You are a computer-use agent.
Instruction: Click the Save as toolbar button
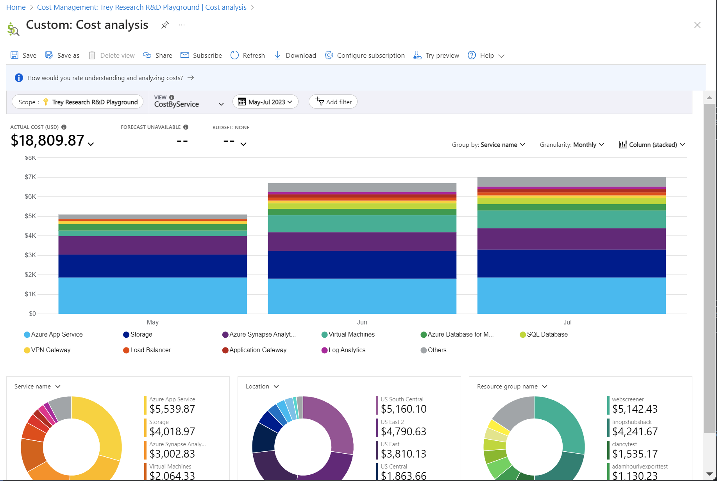[x=63, y=55]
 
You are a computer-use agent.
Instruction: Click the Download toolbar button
[x=295, y=55]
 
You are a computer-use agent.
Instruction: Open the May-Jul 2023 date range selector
[x=266, y=102]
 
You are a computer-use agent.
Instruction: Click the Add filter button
[x=333, y=102]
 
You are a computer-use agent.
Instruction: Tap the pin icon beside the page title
[x=165, y=25]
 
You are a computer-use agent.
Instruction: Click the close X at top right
[x=697, y=25]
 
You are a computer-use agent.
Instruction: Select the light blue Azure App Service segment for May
[x=152, y=296]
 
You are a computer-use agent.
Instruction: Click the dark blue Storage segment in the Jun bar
[x=362, y=264]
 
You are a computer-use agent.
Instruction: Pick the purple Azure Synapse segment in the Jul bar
[x=571, y=239]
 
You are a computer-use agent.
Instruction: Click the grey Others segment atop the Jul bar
[x=571, y=182]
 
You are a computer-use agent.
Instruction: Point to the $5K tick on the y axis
[x=30, y=216]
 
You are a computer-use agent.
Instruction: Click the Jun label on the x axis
[x=362, y=322]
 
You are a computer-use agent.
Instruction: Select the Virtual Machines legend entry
[x=351, y=335]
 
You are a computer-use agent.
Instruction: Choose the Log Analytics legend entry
[x=347, y=350]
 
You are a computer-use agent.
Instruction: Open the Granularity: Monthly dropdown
[x=572, y=145]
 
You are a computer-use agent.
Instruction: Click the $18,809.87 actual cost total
[x=48, y=141]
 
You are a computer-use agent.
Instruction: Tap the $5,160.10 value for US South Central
[x=404, y=409]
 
